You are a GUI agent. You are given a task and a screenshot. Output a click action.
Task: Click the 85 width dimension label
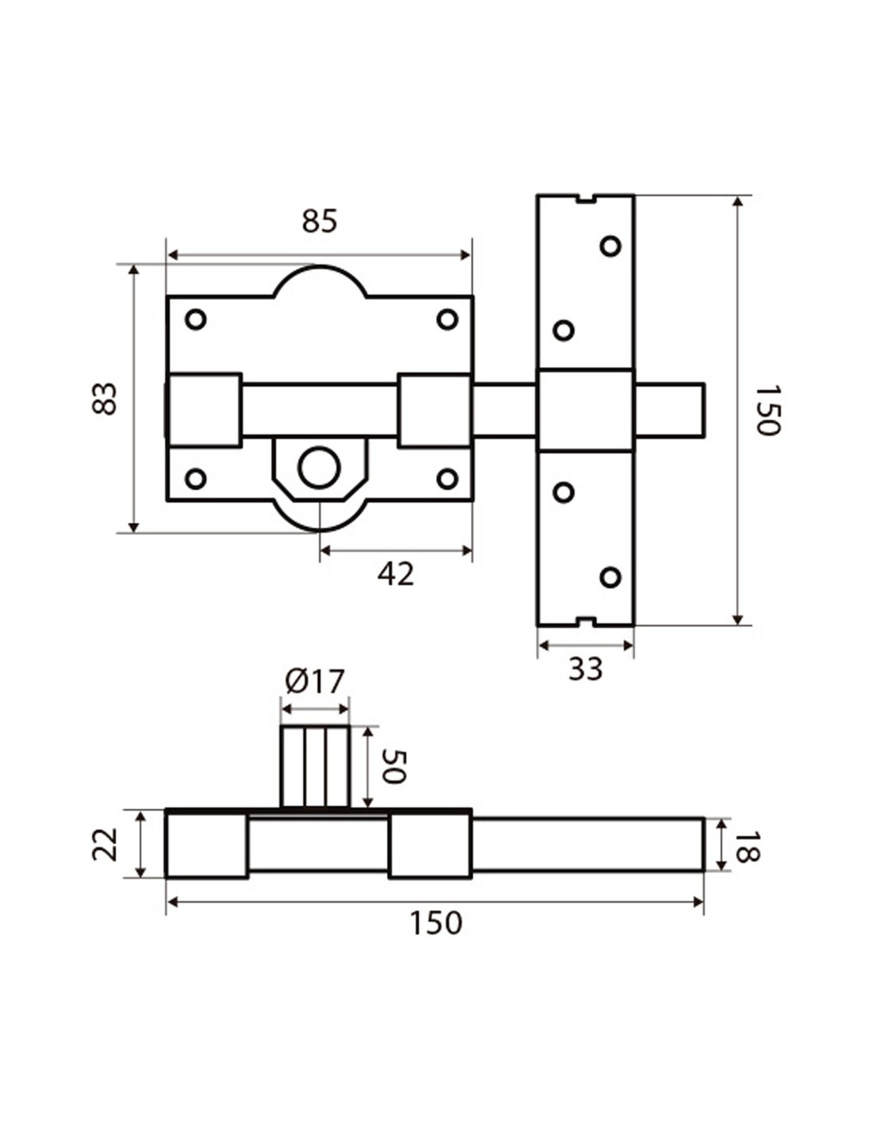[320, 222]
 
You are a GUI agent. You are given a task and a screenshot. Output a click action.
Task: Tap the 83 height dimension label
[105, 399]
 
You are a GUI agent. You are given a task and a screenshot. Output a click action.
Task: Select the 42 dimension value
[395, 574]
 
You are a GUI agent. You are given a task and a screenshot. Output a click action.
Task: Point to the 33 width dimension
[586, 670]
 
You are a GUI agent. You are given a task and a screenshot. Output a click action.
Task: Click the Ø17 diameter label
[315, 681]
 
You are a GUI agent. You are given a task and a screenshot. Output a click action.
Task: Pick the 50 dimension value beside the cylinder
[393, 766]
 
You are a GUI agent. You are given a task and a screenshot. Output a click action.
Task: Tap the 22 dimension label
[105, 844]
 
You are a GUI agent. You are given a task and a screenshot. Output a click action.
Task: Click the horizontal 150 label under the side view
[435, 923]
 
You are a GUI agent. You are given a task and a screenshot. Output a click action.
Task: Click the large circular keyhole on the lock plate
[319, 468]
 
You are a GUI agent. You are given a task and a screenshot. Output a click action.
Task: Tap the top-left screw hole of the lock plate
[195, 319]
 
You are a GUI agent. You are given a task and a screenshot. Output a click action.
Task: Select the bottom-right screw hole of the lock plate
[448, 479]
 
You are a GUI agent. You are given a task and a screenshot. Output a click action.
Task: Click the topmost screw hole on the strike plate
[610, 246]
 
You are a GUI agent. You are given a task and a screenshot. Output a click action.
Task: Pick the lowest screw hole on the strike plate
[610, 577]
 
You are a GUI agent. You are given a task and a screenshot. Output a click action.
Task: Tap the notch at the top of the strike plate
[586, 198]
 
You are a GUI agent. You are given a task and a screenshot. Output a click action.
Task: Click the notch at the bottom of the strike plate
[586, 622]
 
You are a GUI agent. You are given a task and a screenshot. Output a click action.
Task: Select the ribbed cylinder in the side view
[315, 766]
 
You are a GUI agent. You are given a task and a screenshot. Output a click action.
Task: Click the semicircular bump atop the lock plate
[320, 282]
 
